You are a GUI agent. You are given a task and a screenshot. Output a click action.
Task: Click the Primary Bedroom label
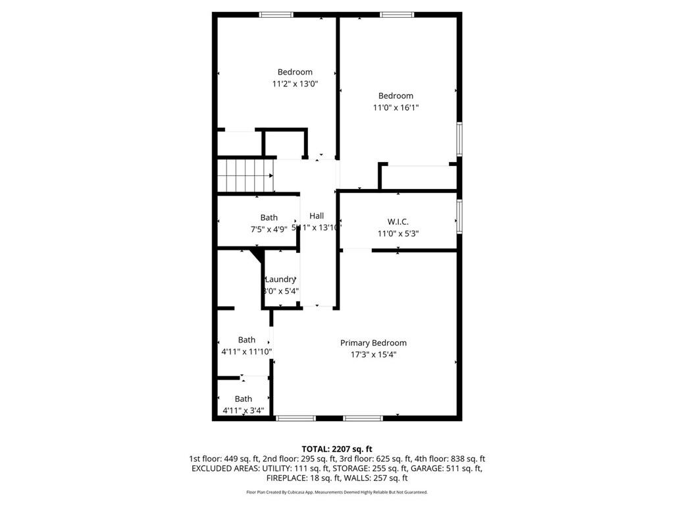pyautogui.click(x=373, y=343)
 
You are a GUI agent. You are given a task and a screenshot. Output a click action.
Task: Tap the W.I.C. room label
pyautogui.click(x=398, y=221)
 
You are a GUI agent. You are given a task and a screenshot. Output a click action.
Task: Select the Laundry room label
pyautogui.click(x=280, y=279)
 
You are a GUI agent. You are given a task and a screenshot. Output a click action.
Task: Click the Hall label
pyautogui.click(x=317, y=215)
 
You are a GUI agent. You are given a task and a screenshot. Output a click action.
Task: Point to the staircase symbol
pyautogui.click(x=245, y=175)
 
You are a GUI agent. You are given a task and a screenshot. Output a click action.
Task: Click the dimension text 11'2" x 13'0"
pyautogui.click(x=295, y=84)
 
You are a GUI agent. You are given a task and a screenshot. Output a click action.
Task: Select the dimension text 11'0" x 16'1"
pyautogui.click(x=396, y=107)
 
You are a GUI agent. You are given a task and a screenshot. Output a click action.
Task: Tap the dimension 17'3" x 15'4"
pyautogui.click(x=373, y=354)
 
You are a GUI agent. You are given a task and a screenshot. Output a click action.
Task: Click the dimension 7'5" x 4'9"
pyautogui.click(x=269, y=229)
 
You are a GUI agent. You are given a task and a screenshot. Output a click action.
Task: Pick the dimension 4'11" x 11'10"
pyautogui.click(x=247, y=352)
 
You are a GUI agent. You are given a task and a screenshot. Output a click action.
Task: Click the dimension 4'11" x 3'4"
pyautogui.click(x=244, y=410)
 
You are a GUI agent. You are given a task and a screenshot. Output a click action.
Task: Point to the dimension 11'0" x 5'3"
pyautogui.click(x=398, y=233)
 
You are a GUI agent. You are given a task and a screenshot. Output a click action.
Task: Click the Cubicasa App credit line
pyautogui.click(x=336, y=492)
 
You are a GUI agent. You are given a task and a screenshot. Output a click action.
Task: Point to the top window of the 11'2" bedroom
pyautogui.click(x=276, y=14)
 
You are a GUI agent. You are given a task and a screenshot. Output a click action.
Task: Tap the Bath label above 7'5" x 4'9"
pyautogui.click(x=269, y=217)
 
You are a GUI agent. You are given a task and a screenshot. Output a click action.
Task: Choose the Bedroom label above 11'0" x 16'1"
pyautogui.click(x=396, y=96)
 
